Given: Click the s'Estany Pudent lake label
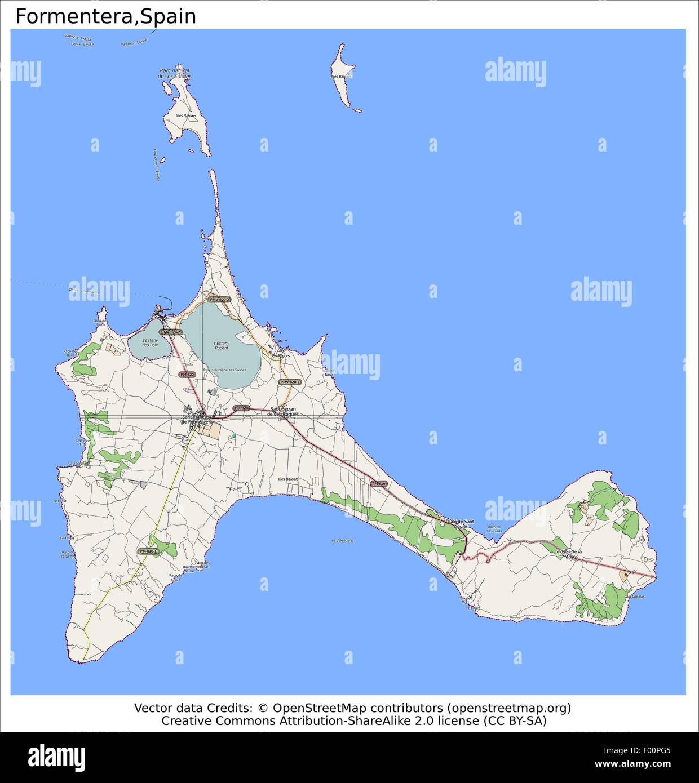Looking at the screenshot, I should point(222,345).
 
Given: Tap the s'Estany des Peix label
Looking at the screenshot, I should point(150,342).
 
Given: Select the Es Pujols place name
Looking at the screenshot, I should point(281,356).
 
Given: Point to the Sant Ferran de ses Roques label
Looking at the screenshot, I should point(284,411).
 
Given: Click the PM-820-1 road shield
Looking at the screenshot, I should point(148,551).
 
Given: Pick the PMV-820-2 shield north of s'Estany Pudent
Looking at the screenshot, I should point(219,300).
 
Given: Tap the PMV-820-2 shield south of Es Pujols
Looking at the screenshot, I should point(290,382).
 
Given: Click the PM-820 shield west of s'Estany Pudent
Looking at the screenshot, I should point(187,375).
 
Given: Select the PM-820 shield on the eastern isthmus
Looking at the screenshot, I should point(379,484).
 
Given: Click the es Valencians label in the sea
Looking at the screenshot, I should point(343,540).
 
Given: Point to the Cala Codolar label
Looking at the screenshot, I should point(634,596).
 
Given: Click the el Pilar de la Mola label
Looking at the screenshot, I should point(569,554).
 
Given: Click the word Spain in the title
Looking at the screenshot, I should point(169,17).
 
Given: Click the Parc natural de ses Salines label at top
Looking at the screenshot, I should point(174,73).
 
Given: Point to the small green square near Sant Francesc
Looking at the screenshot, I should point(234,435).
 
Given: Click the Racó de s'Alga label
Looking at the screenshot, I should point(175,577).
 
